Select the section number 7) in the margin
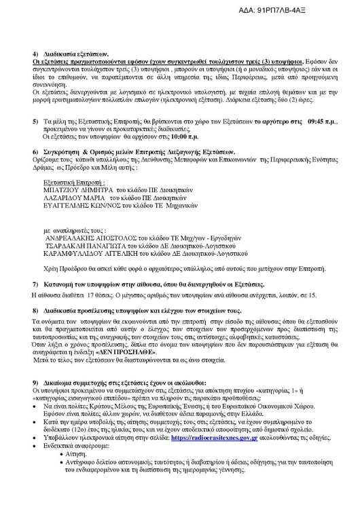pos(35,283)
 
